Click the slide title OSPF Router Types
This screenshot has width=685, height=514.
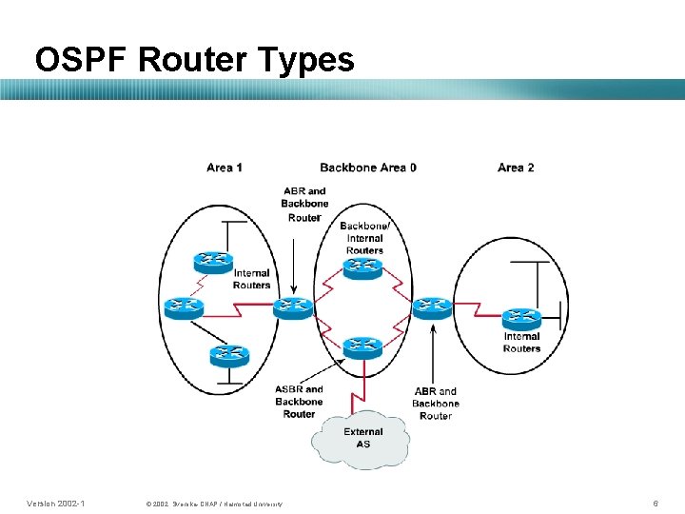coord(194,60)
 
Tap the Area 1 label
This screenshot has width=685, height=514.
coord(224,168)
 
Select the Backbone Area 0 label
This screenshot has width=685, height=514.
coord(368,168)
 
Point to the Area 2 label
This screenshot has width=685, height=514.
coord(516,168)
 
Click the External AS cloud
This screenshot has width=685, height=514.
coord(362,438)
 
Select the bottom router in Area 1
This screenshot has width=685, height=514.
coord(229,354)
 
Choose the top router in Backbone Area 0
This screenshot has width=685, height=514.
coord(362,267)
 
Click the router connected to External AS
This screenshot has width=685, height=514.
coord(362,346)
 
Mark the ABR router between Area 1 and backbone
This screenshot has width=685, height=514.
coord(292,306)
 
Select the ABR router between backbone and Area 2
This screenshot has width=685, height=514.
coord(432,306)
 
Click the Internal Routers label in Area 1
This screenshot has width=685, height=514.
coord(252,279)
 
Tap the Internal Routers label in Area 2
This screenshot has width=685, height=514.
coord(521,342)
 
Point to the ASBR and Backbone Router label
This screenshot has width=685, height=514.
coord(299,402)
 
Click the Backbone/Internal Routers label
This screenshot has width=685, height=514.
coord(364,238)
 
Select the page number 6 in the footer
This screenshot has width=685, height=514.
coord(655,502)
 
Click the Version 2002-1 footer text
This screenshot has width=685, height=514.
coord(56,502)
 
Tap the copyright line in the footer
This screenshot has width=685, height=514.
coord(215,503)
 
